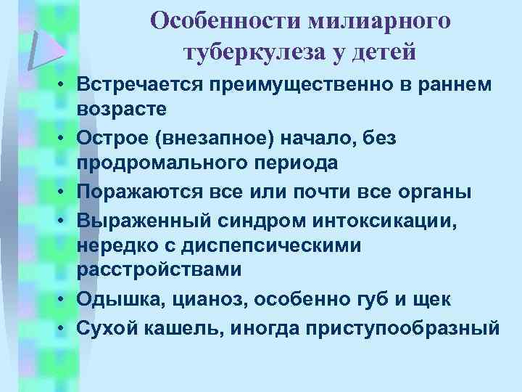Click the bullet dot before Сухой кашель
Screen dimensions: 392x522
click(65, 328)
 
